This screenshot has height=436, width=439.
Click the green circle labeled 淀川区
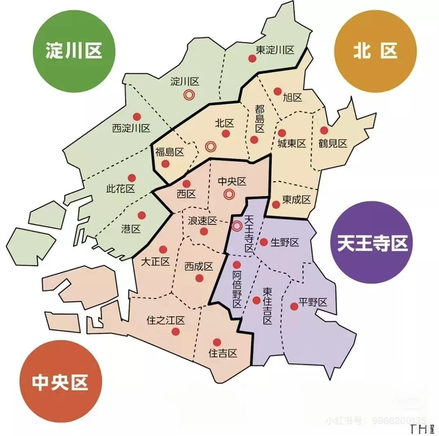click(74, 52)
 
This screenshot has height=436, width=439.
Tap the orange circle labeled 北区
click(375, 52)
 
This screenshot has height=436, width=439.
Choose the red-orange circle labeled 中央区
click(60, 382)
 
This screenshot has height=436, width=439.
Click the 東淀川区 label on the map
click(275, 50)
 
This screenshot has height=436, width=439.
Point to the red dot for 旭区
click(278, 91)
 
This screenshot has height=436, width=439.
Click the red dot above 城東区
click(282, 133)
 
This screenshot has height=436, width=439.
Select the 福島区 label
click(170, 152)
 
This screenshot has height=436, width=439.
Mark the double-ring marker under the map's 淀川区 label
click(188, 95)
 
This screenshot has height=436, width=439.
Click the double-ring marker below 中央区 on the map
click(229, 194)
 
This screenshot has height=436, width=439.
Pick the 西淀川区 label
click(131, 128)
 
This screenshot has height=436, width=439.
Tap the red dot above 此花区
click(132, 178)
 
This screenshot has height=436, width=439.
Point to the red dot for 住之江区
click(176, 332)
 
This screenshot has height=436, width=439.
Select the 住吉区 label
click(223, 353)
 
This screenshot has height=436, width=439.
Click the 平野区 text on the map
click(313, 302)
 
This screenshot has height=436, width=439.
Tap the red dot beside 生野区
click(263, 242)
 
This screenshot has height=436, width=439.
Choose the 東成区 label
click(297, 199)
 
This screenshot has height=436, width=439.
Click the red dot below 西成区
click(199, 278)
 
